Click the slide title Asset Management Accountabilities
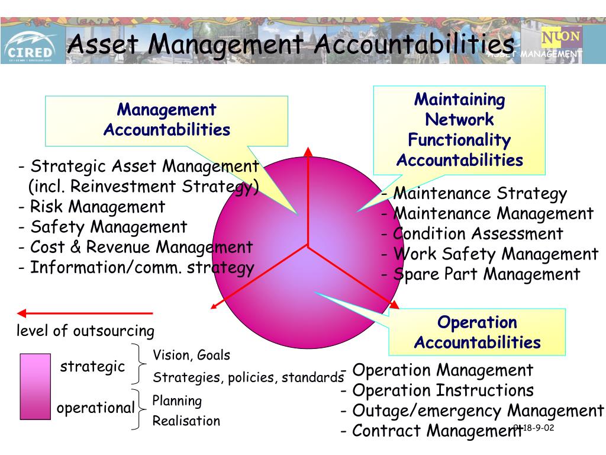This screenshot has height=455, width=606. click(290, 44)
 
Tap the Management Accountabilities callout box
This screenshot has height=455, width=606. click(166, 120)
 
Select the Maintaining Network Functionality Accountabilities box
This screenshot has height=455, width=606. click(459, 130)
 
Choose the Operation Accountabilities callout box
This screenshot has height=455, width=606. click(477, 332)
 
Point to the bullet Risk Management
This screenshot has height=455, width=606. click(92, 207)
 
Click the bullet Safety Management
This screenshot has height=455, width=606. click(103, 227)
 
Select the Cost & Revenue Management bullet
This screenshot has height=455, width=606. click(136, 247)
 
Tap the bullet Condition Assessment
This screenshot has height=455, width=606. click(472, 234)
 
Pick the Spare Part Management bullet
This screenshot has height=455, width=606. click(481, 274)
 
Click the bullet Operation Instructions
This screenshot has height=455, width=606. click(437, 390)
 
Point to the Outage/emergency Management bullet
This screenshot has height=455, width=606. click(472, 411)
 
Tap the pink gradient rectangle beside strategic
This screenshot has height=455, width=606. click(35, 386)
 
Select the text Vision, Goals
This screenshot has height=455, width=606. click(192, 355)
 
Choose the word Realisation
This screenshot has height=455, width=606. click(186, 421)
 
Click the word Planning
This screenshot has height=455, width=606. click(177, 401)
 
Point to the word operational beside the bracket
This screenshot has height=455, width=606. click(96, 408)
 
